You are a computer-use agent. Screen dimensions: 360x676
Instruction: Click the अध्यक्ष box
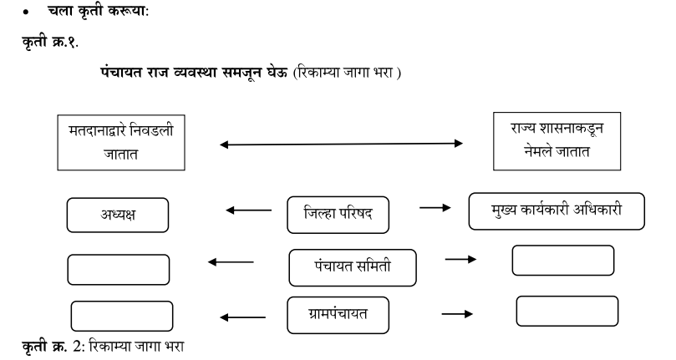[116, 215]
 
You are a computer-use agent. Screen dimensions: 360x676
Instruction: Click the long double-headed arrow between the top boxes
[341, 145]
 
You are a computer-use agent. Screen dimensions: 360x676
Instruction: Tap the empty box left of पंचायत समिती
[118, 270]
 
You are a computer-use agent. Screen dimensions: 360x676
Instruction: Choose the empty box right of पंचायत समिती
[562, 261]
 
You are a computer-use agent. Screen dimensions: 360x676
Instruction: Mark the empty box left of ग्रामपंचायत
[122, 316]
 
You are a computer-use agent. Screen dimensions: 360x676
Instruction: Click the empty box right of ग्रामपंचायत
[567, 310]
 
